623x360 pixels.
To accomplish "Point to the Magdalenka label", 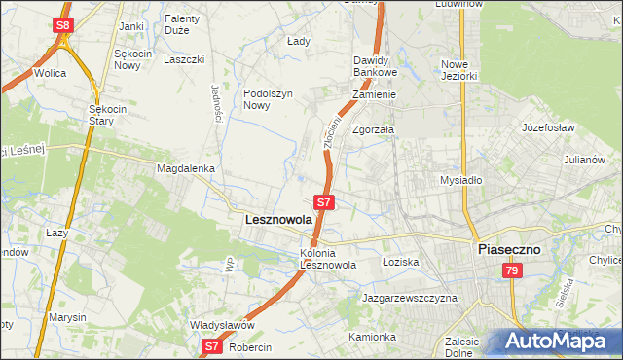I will tap(185, 168).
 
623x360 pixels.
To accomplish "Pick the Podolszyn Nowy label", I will tap(269, 100).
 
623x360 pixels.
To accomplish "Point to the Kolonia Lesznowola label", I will tap(328, 259).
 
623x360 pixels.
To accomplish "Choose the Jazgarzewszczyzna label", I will tap(409, 298).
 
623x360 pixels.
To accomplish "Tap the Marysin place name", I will tap(68, 318).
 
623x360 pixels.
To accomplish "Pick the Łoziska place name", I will tap(399, 262).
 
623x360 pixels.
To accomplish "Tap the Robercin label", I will tap(252, 347).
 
